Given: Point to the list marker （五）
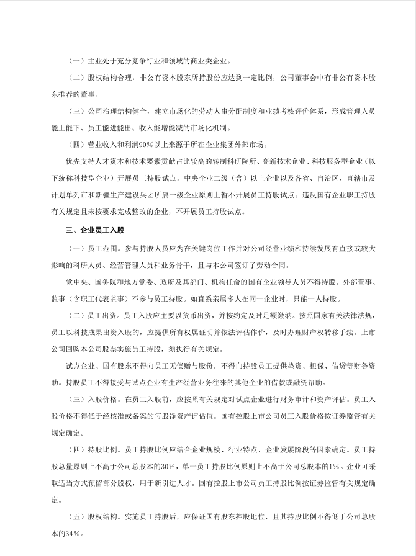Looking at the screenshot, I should click(77, 517).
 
